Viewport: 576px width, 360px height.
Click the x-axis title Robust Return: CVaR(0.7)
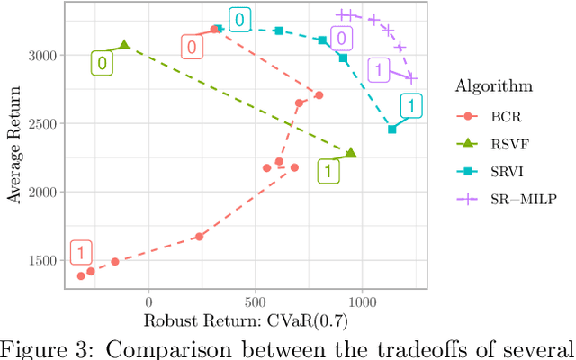(x=246, y=320)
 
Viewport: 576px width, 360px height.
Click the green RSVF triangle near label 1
(x=351, y=154)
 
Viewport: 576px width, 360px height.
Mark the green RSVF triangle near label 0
(x=125, y=45)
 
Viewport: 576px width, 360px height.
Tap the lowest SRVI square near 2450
(x=391, y=130)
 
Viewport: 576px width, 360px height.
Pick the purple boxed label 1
(x=380, y=70)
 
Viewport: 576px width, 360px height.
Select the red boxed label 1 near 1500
(x=81, y=253)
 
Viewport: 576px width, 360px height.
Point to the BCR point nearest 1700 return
(x=200, y=237)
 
